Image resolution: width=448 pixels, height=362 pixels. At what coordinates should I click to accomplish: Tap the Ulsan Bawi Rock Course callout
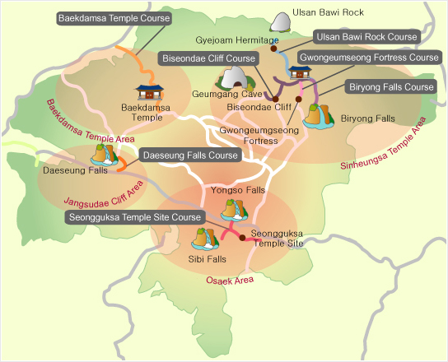point(368,37)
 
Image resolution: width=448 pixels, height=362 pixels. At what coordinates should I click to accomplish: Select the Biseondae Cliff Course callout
point(207,59)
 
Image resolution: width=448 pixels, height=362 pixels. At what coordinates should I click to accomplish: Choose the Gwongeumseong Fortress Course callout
point(369,58)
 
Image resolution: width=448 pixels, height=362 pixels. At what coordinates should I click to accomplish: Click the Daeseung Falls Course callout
point(190,155)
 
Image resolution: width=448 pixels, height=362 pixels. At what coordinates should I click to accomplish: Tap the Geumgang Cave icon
point(233,80)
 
